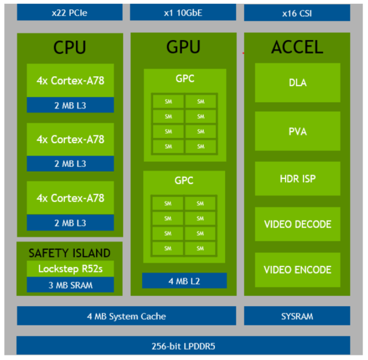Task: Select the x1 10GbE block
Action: [x=183, y=12]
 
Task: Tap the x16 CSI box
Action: [x=297, y=13]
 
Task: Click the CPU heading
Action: [x=70, y=48]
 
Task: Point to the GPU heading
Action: [x=183, y=48]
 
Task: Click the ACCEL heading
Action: [x=297, y=48]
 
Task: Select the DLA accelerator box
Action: [x=297, y=83]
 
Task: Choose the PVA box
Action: [x=297, y=132]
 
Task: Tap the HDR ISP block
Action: [x=297, y=179]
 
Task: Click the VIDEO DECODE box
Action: [x=297, y=224]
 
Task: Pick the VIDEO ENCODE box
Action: [x=297, y=270]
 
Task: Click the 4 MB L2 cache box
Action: [x=184, y=281]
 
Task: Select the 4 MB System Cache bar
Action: [x=126, y=316]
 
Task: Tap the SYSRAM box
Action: [x=297, y=316]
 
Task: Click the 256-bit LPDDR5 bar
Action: [x=183, y=346]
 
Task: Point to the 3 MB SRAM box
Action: [x=70, y=285]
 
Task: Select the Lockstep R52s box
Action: [x=70, y=269]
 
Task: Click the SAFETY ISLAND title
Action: [x=70, y=253]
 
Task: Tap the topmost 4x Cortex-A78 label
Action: [x=70, y=80]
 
